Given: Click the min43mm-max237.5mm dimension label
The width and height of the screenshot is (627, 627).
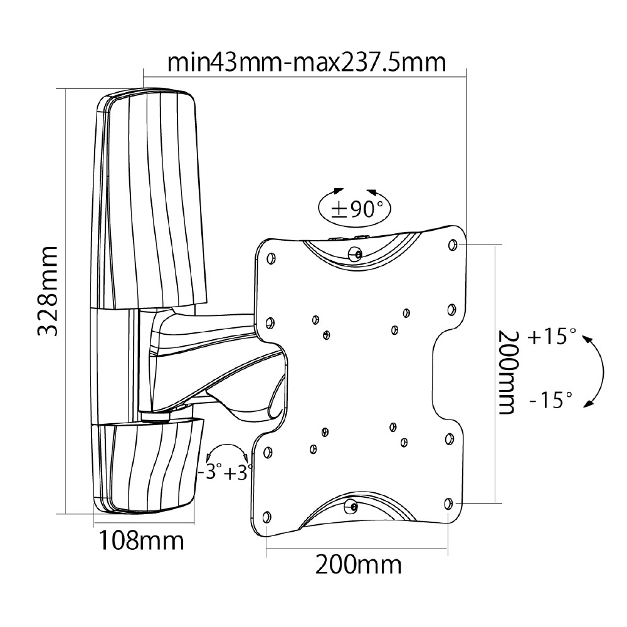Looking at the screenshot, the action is [x=307, y=62].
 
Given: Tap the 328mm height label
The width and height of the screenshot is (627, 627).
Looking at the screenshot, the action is [x=48, y=291].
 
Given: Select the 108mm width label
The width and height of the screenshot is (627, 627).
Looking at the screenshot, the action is [x=141, y=540].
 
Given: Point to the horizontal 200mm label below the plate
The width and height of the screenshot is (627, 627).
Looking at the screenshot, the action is [x=358, y=565].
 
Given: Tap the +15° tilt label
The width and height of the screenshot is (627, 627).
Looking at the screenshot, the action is [x=552, y=336].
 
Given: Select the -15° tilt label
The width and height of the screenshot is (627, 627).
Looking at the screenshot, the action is [x=551, y=399].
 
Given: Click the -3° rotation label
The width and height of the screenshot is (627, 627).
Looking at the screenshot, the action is [x=209, y=472].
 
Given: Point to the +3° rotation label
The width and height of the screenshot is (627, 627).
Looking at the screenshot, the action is [x=238, y=473].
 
